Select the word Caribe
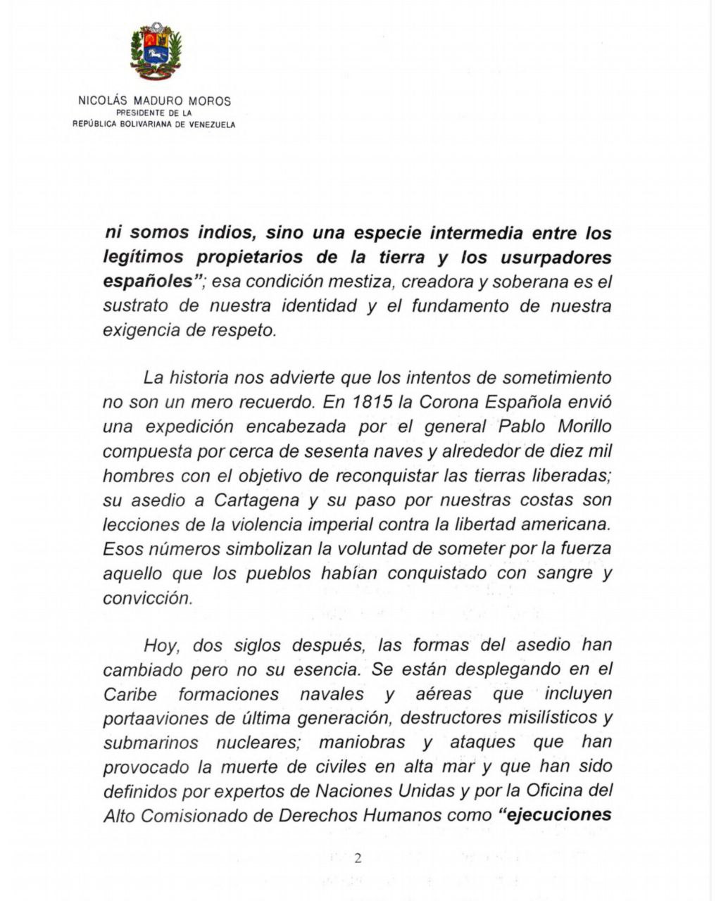[x=130, y=694]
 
